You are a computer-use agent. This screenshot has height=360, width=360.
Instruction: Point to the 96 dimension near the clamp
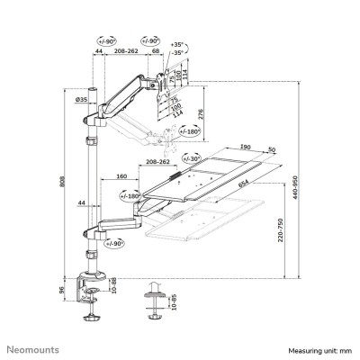[x=75, y=292]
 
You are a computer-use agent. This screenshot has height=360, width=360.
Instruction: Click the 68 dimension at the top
[x=157, y=53]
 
